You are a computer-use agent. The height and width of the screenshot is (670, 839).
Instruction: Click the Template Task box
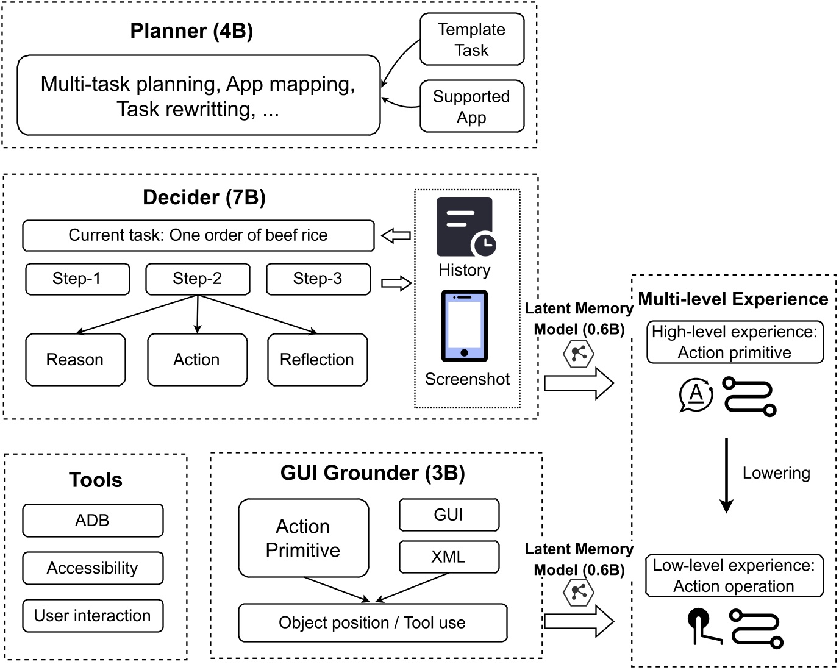click(x=471, y=40)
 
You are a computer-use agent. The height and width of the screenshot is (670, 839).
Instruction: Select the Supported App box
click(x=471, y=107)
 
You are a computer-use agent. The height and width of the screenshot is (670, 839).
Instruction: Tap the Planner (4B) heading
click(x=191, y=31)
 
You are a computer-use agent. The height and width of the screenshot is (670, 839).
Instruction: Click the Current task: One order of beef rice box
click(x=198, y=235)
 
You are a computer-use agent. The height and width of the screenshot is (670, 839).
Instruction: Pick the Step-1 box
click(x=77, y=279)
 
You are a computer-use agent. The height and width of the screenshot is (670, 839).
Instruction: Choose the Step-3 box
click(x=318, y=279)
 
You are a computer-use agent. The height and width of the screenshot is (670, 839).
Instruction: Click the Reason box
click(x=75, y=360)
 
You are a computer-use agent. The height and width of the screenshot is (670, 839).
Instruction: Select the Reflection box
click(x=317, y=360)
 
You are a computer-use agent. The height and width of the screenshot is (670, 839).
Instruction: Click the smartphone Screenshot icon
click(x=464, y=326)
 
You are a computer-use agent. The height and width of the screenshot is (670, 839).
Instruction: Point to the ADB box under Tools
click(x=93, y=521)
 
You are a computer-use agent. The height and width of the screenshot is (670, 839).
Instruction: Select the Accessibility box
click(x=93, y=568)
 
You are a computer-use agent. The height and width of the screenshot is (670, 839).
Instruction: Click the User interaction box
click(x=93, y=616)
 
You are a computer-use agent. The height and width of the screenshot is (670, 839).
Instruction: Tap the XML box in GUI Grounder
click(x=449, y=557)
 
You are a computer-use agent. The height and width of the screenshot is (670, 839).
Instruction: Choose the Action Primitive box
click(x=303, y=538)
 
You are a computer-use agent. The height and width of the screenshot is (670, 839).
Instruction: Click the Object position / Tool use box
click(x=373, y=622)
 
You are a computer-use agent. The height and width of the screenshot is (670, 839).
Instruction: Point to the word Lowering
click(x=776, y=473)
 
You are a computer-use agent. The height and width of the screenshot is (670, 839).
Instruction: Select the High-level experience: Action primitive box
click(x=735, y=342)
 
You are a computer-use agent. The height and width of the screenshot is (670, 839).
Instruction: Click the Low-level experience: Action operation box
click(x=734, y=576)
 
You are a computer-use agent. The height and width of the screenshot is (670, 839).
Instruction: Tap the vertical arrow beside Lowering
click(x=726, y=476)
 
